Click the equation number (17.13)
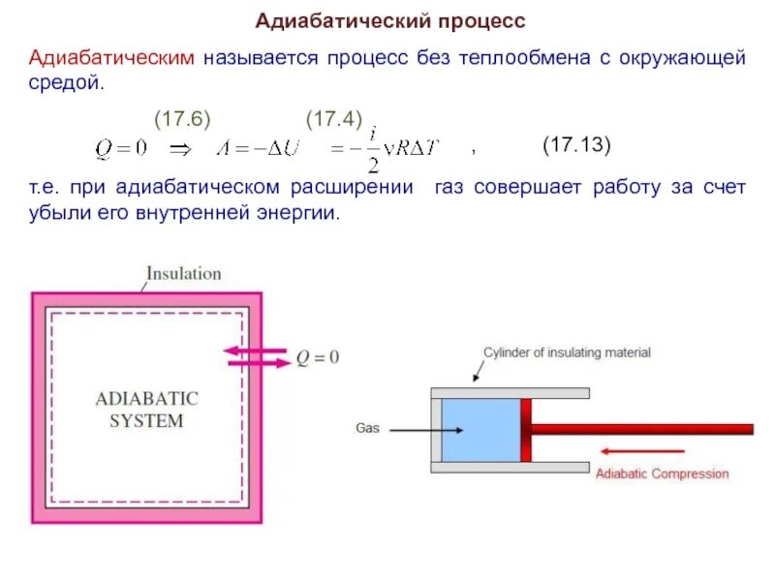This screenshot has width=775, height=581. point(576,145)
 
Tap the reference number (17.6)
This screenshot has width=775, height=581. point(183,119)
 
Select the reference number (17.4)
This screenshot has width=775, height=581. point(334,119)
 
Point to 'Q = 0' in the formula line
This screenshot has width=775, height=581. point(120,148)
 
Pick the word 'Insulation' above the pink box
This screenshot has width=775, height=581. point(184,273)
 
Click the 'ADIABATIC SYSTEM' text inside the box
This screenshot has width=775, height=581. point(146,410)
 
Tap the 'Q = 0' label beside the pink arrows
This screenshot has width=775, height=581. point(318,358)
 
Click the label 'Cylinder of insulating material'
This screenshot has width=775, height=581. point(568,352)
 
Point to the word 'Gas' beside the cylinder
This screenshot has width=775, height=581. point(367,427)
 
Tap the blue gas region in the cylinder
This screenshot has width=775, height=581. point(481,429)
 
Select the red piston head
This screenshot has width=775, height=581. point(526,429)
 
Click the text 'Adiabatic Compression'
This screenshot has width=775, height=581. point(662,474)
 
